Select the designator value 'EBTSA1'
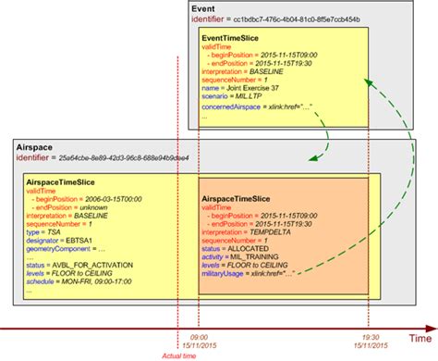coord(86,236)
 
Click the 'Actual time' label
coord(177,354)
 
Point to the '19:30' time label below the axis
coord(370,337)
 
